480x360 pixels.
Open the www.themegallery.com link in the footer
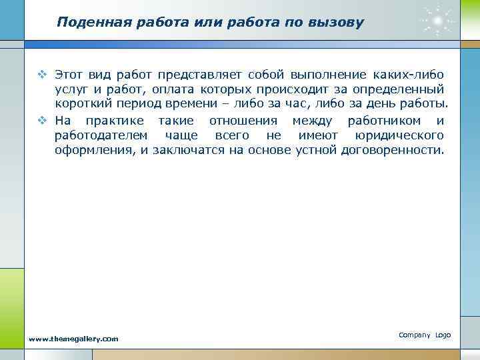(x=73, y=339)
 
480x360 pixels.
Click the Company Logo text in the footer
(x=425, y=335)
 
